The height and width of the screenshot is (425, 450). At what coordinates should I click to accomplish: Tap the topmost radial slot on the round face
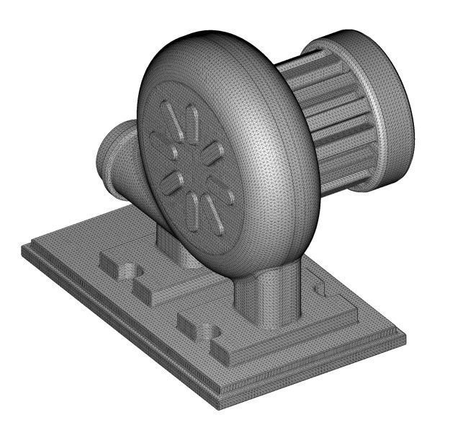pos(171,117)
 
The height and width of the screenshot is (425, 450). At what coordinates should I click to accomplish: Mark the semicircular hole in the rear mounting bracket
pos(128,271)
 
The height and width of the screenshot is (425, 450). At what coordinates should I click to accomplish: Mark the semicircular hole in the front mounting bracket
pos(209,332)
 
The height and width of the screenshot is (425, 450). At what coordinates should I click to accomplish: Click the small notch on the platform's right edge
pos(322,289)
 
